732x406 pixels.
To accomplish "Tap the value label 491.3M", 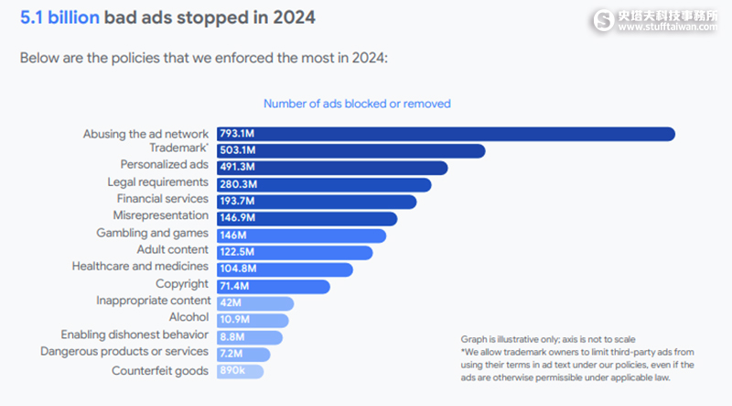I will [237, 168].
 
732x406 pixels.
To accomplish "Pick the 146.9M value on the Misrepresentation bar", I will [237, 218].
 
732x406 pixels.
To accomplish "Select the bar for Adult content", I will [293, 252].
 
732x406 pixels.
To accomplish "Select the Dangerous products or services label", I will [124, 351].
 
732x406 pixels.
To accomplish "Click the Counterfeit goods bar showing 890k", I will [239, 371].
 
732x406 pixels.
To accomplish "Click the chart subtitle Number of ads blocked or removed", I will [357, 104].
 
